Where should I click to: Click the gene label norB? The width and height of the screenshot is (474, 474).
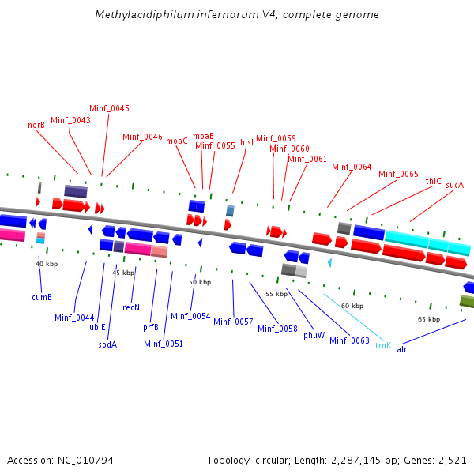coord(36,125)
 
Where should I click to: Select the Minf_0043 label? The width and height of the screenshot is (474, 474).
coord(70,120)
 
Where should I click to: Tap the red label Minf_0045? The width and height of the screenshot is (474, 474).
coord(109,108)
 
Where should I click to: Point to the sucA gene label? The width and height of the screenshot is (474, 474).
coord(454,185)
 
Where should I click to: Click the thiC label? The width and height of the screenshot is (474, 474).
coord(433,181)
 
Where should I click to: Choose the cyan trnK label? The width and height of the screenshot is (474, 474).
coord(383,345)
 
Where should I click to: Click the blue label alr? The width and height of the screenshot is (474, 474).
coord(402,348)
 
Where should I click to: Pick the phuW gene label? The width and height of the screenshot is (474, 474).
coord(314,335)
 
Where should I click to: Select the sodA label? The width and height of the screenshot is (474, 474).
coord(107,344)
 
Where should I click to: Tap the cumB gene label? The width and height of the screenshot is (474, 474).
coord(42,297)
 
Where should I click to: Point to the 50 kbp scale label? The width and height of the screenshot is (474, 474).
coord(200,282)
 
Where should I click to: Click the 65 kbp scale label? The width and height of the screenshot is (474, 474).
coord(428,319)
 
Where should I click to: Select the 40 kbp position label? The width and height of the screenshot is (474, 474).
coord(47,264)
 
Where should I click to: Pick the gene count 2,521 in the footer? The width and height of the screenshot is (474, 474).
coord(452,460)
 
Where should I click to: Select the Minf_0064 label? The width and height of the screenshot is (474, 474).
coord(352,167)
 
